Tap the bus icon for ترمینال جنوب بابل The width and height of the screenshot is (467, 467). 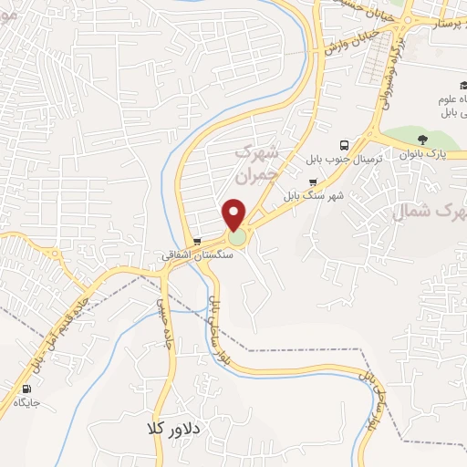(344, 145)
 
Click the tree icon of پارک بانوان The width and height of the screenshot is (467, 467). (422, 140)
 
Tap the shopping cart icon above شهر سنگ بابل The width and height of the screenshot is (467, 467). (314, 182)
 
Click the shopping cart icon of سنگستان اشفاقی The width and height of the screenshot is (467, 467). (197, 242)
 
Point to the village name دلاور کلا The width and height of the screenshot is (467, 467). (178, 427)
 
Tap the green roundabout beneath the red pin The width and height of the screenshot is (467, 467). (236, 238)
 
